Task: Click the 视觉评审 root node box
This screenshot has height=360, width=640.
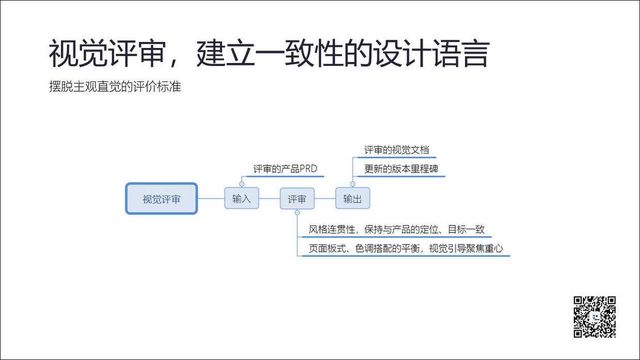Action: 162,199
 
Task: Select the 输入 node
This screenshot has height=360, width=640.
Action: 242,199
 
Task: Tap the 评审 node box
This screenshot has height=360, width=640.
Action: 297,199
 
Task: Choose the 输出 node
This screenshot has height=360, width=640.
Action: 353,199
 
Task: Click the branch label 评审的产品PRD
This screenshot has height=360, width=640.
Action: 285,169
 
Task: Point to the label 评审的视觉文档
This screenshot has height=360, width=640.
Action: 396,150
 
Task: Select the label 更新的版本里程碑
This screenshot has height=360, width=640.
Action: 401,169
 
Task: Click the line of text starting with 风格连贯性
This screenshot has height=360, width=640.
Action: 396,230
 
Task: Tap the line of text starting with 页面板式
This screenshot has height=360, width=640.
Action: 406,248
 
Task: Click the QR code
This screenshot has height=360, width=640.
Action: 595,317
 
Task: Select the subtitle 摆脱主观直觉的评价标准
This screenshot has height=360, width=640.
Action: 115,87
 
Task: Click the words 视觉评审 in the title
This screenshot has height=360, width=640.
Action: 106,54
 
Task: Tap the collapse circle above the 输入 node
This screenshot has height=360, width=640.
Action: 242,184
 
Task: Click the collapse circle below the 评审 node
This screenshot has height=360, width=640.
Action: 297,213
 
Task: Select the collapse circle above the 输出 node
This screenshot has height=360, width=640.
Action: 353,184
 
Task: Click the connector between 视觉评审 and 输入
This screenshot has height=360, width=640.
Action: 211,199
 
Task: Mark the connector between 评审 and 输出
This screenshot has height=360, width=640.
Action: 325,199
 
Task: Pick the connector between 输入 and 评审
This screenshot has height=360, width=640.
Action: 269,199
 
